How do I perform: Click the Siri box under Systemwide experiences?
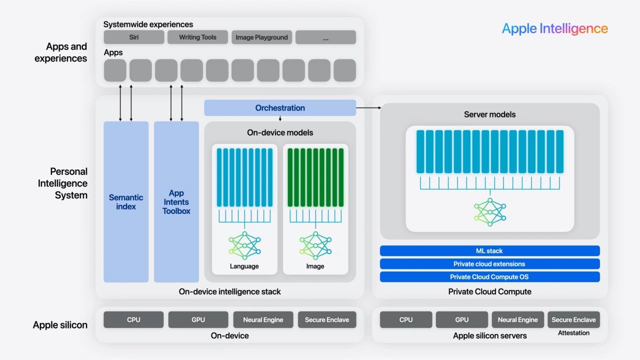[x=133, y=37]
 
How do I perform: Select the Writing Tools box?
[x=197, y=37]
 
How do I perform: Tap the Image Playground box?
[x=261, y=37]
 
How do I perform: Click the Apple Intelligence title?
[x=554, y=28]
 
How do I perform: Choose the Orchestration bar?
[x=280, y=108]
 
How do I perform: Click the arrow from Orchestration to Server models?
[x=368, y=107]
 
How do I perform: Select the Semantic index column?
[x=126, y=202]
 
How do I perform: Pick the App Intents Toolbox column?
[x=176, y=202]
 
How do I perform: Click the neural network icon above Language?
[x=244, y=245]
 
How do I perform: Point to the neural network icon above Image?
[x=315, y=245]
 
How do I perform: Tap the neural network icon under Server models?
[x=489, y=211]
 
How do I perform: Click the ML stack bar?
[x=489, y=251]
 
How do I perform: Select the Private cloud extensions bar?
[x=489, y=264]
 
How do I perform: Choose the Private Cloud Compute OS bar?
[x=489, y=277]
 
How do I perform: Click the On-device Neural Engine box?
[x=263, y=320]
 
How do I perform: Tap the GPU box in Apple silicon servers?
[x=461, y=320]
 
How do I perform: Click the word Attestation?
[x=573, y=333]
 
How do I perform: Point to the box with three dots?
[x=325, y=37]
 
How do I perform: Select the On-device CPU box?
[x=133, y=320]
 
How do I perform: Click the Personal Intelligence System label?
[x=63, y=183]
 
